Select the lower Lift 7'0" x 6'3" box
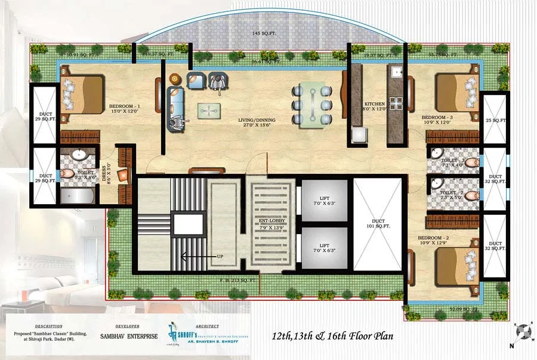[324, 248]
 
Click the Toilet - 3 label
[452, 161]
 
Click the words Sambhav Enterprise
[128, 336]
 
